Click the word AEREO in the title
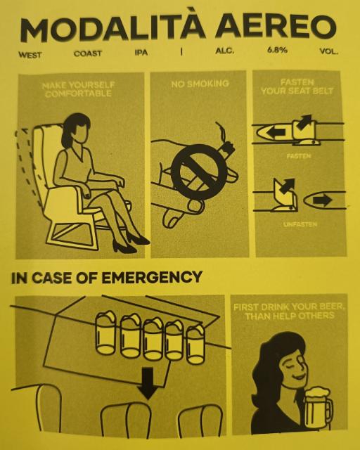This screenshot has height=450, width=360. click(276, 26)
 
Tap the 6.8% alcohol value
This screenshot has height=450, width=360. click(277, 50)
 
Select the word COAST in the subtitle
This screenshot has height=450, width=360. click(88, 53)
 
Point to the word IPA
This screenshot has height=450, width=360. click(141, 53)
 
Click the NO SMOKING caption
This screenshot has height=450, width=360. click(200, 84)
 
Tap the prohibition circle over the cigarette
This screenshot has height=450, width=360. click(199, 172)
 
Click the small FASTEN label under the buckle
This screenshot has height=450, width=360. click(299, 156)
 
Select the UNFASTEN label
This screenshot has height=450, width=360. click(300, 224)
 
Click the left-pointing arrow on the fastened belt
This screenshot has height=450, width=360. click(276, 133)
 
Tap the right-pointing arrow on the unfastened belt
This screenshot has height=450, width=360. click(323, 200)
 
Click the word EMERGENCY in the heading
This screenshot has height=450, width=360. click(152, 278)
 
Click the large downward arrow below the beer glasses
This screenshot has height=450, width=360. click(148, 383)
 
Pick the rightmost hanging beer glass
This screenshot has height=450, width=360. click(195, 344)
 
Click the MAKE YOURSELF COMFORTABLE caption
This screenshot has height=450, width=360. click(78, 89)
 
